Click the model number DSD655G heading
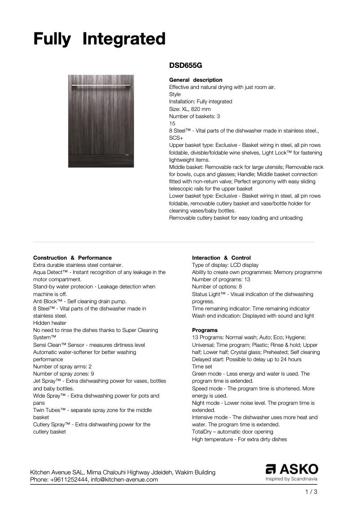click(x=185, y=65)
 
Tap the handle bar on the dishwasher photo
click(x=101, y=84)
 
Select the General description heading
click(x=195, y=80)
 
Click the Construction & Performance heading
click(x=72, y=258)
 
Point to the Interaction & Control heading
click(x=221, y=258)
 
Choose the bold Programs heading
click(x=205, y=330)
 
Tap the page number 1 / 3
click(x=311, y=492)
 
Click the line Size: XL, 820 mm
click(x=190, y=109)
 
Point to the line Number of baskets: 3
click(x=194, y=116)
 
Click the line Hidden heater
click(x=50, y=323)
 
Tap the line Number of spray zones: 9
click(x=63, y=374)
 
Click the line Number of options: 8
click(x=217, y=287)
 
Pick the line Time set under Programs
click(x=202, y=367)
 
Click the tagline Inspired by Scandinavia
click(x=292, y=479)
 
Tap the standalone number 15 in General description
click(x=172, y=123)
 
